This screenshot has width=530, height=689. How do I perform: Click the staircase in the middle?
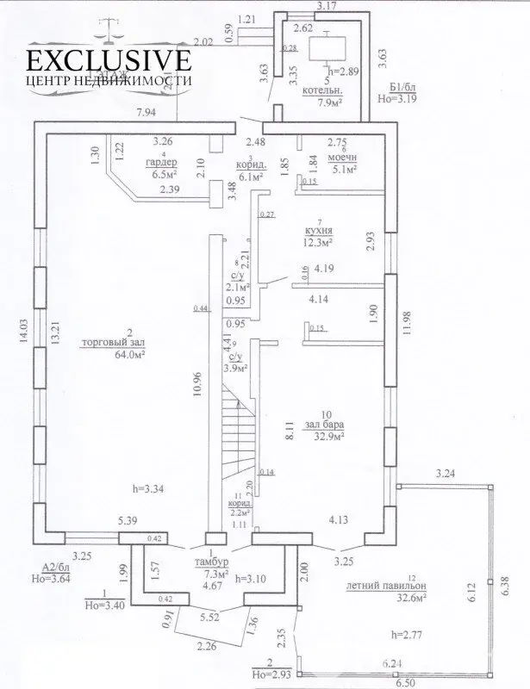237,431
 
